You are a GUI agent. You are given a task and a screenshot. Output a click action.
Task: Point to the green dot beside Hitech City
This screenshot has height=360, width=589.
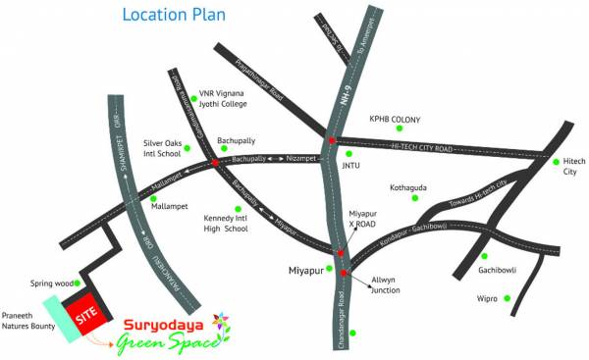[x=556, y=161]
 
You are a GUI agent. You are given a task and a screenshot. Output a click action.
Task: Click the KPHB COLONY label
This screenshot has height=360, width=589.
[x=395, y=120]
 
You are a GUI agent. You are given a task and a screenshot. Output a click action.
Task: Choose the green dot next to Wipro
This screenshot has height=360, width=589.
[x=508, y=298]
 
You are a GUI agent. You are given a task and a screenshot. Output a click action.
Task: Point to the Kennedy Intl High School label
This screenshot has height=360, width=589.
[x=226, y=223]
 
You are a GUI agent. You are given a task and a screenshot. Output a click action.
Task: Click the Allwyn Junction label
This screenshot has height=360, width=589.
[x=387, y=284]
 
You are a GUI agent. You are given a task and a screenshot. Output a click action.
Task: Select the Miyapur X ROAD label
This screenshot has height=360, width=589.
[x=362, y=218]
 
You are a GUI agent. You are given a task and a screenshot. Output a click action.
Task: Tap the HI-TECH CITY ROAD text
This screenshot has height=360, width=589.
[x=421, y=146]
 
